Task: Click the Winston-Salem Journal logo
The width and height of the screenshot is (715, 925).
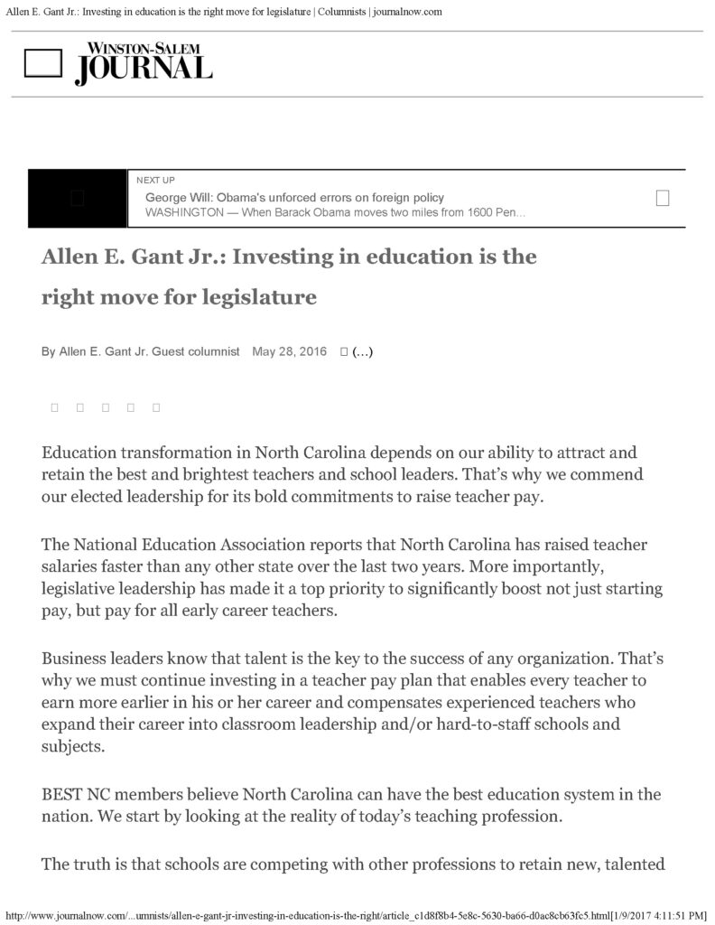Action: pyautogui.click(x=144, y=63)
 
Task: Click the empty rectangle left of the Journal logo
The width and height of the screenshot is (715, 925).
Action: pyautogui.click(x=42, y=62)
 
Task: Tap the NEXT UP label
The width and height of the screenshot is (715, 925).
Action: pyautogui.click(x=155, y=181)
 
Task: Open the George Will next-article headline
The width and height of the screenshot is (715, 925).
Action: pyautogui.click(x=294, y=198)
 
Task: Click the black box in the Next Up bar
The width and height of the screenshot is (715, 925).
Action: pyautogui.click(x=78, y=198)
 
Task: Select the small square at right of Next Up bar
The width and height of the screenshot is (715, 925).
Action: pyautogui.click(x=662, y=198)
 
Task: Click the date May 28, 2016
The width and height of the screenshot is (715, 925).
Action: pyautogui.click(x=289, y=351)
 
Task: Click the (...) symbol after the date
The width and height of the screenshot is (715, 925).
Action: pyautogui.click(x=362, y=351)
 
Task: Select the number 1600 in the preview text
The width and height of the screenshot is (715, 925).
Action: pyautogui.click(x=471, y=212)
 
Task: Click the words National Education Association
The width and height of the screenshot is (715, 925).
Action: pyautogui.click(x=205, y=545)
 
